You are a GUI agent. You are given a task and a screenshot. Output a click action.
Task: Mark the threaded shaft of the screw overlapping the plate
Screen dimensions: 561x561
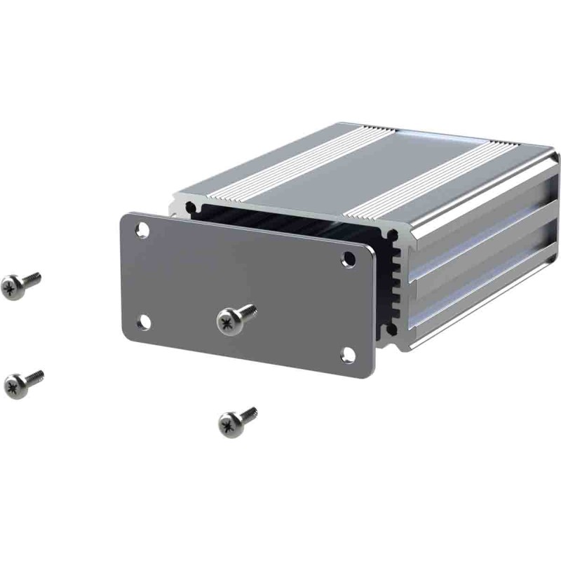click(x=249, y=311)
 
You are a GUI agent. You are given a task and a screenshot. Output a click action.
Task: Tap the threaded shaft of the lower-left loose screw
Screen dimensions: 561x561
click(x=34, y=377)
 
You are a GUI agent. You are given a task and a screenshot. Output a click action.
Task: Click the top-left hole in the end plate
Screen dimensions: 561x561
click(x=143, y=229)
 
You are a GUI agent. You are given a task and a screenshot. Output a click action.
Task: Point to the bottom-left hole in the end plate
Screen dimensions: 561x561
click(x=143, y=322)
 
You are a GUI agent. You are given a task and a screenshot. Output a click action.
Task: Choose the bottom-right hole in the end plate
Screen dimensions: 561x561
click(x=348, y=354)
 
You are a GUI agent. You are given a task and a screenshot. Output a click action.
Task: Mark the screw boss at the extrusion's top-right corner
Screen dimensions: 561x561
click(x=395, y=236)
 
